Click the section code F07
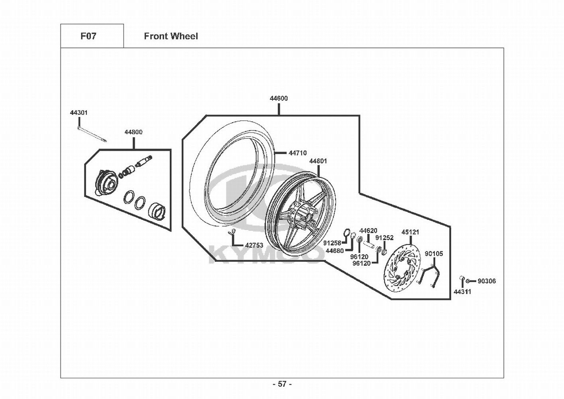(88, 36)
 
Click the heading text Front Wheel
(171, 36)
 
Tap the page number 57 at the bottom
(282, 384)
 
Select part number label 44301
(79, 113)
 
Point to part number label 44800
(133, 132)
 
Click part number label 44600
(279, 99)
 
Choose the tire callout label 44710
(298, 153)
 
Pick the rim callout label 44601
(318, 161)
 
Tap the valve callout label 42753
(254, 245)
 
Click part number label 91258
(332, 243)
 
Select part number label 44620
(368, 231)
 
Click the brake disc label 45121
(410, 232)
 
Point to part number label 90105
(434, 253)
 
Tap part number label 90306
(487, 281)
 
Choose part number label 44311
(462, 292)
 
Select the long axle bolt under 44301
(92, 133)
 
